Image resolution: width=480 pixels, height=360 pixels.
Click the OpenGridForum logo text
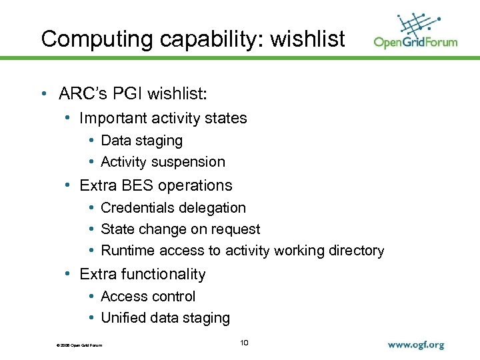click(415, 42)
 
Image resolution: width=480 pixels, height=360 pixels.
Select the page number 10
click(243, 343)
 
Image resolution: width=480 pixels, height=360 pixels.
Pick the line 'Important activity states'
click(163, 119)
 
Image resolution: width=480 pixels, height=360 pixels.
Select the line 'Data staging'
click(141, 141)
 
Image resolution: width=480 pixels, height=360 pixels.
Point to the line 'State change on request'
click(180, 229)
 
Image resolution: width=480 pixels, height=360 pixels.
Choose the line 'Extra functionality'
click(142, 274)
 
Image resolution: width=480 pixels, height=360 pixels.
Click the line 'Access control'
click(148, 296)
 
